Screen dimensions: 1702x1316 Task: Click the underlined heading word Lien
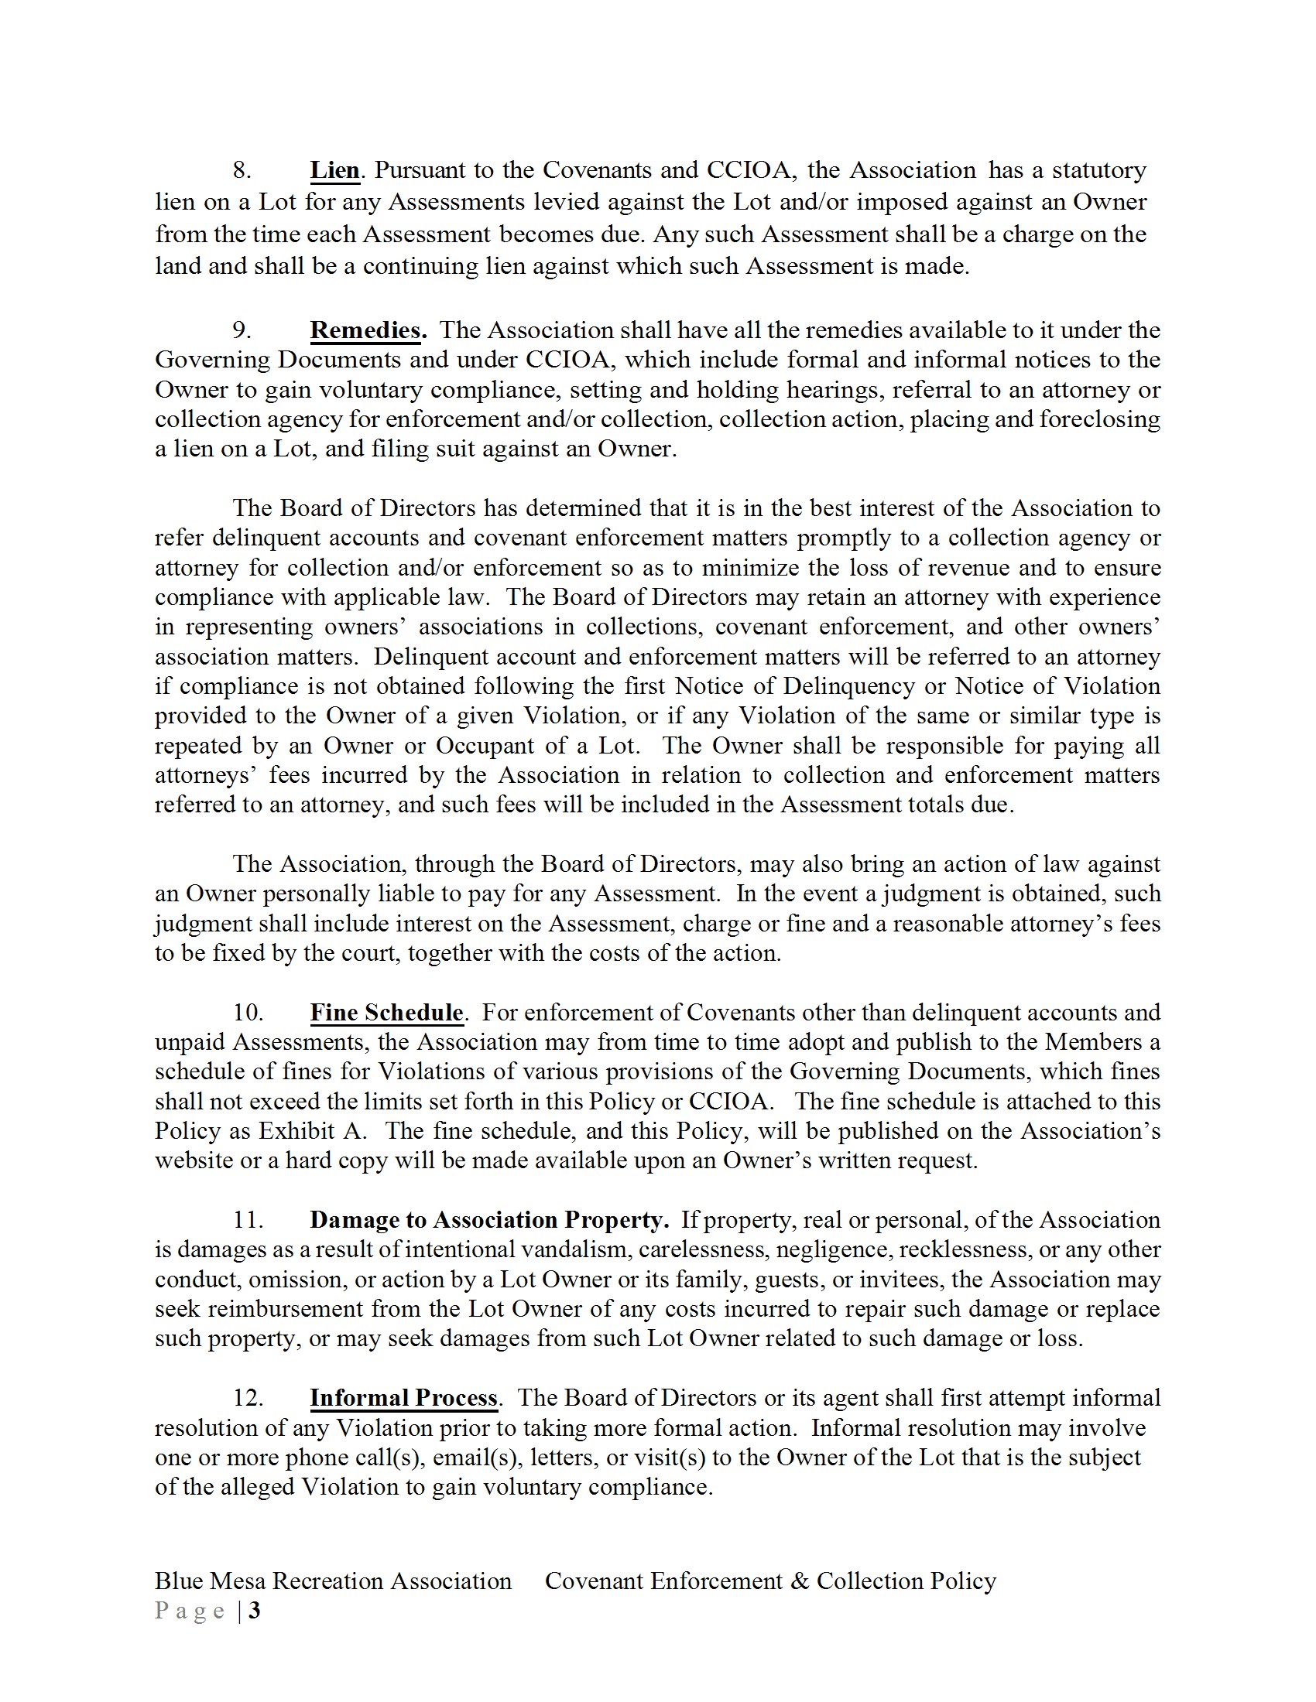tap(334, 170)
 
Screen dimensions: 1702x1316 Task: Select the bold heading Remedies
tap(366, 330)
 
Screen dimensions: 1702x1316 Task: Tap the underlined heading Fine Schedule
tap(386, 1013)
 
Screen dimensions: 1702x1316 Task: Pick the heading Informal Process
tap(403, 1397)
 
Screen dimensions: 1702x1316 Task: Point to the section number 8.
tap(242, 170)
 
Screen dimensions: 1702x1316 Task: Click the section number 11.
tap(248, 1219)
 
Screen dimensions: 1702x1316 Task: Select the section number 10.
tap(248, 1013)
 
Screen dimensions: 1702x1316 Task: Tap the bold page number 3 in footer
tap(254, 1610)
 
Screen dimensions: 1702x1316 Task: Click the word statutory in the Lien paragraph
tap(1099, 170)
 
